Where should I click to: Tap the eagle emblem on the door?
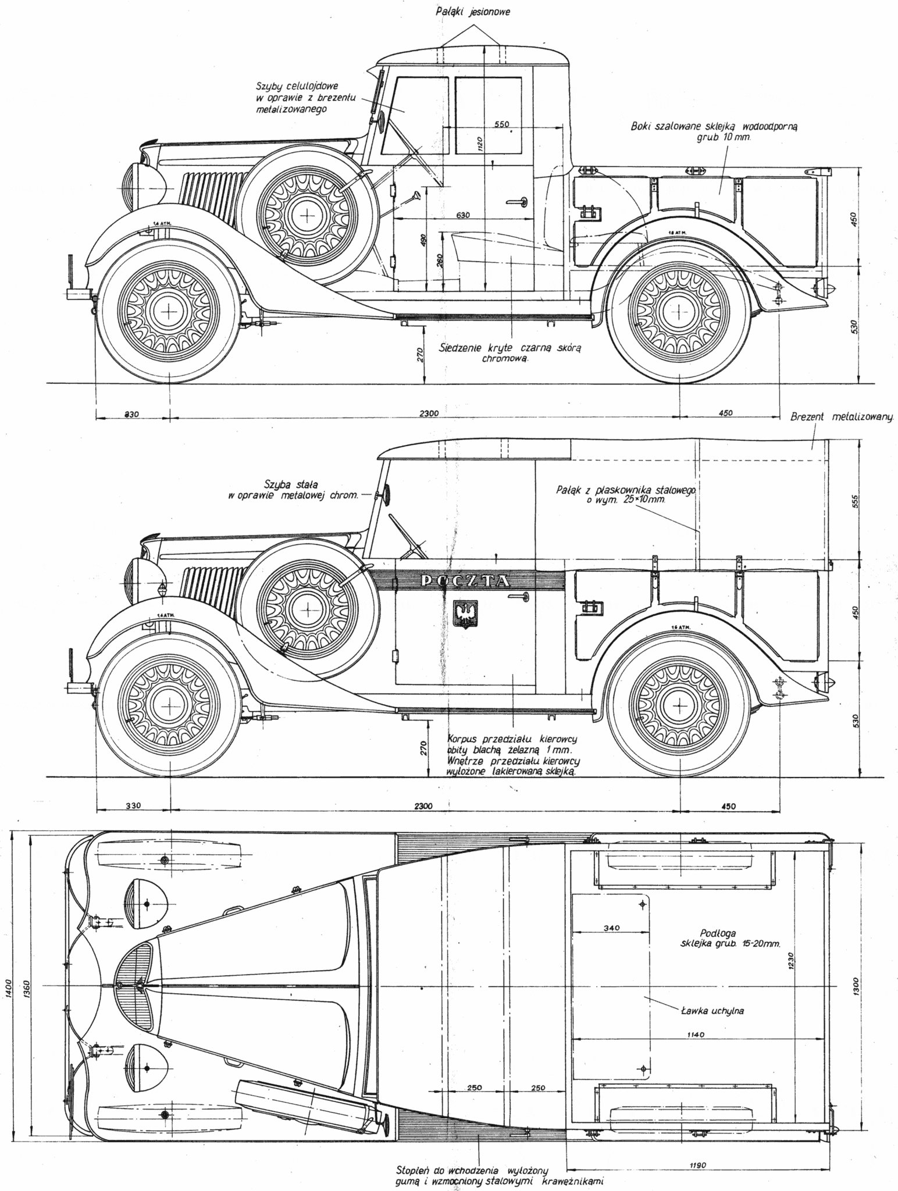pos(465,614)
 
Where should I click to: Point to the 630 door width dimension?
pos(462,215)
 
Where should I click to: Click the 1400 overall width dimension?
pos(8,989)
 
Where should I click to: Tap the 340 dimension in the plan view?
pos(611,928)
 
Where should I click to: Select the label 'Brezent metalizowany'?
pos(842,417)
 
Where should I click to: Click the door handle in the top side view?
pos(516,202)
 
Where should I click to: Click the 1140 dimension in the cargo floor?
pos(694,1035)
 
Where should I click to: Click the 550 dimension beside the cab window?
pos(501,124)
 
